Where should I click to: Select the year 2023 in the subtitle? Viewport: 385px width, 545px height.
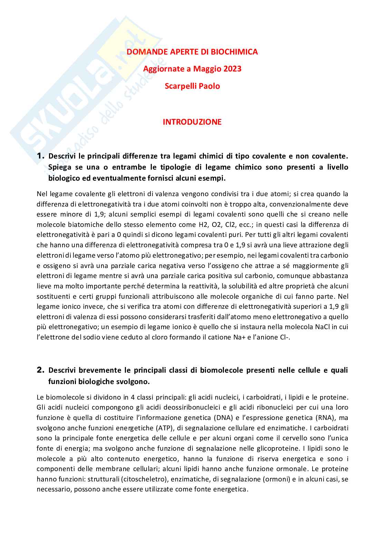click(232, 69)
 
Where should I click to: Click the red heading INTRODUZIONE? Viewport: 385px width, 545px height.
click(192, 122)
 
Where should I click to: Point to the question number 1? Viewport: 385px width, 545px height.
click(41, 156)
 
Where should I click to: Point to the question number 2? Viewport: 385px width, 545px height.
click(41, 370)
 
